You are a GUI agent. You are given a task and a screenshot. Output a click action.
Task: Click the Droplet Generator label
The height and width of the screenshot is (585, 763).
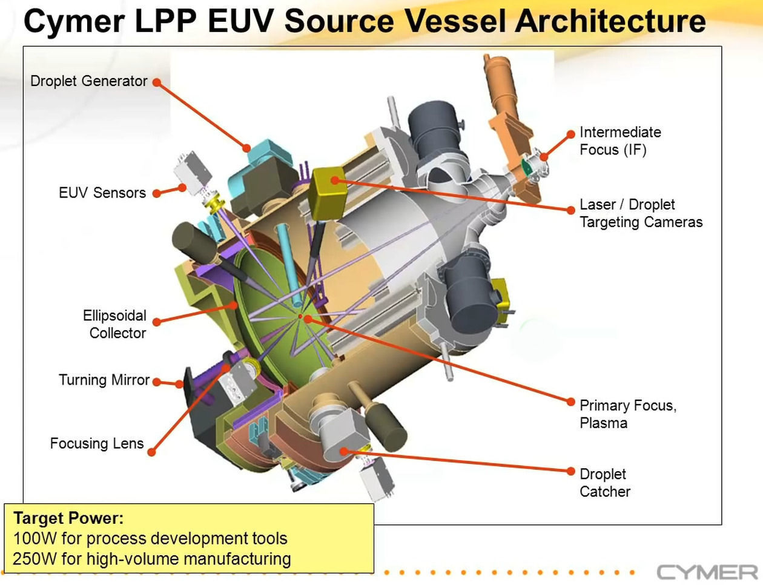tap(89, 81)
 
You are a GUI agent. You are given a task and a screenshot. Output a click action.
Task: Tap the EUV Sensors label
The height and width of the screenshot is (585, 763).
tap(102, 193)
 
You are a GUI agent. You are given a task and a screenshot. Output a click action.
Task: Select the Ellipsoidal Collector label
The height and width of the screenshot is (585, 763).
tap(115, 324)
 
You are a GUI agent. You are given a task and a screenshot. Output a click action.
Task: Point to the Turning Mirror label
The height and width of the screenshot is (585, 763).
tap(104, 380)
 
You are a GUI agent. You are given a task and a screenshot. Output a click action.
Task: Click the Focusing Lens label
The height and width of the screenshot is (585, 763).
tap(97, 443)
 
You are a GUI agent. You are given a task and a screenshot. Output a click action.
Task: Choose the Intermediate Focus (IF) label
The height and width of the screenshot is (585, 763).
tap(619, 140)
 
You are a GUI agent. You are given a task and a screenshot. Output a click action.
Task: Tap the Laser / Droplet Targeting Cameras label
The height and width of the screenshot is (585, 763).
tap(641, 213)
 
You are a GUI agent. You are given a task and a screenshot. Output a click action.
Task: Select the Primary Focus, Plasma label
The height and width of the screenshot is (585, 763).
tap(627, 414)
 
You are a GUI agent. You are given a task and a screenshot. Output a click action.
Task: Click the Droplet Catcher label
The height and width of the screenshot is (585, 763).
tap(604, 483)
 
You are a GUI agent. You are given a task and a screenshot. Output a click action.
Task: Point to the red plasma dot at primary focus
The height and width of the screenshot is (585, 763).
tap(300, 316)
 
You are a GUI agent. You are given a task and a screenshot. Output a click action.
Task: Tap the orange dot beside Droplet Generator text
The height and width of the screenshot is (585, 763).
tap(156, 82)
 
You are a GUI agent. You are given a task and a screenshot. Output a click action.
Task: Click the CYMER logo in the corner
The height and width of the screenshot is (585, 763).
tap(707, 572)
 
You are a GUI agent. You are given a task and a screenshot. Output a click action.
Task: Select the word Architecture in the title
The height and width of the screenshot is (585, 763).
tap(610, 21)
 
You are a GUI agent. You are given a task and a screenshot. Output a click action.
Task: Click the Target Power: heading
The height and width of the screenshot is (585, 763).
tap(68, 518)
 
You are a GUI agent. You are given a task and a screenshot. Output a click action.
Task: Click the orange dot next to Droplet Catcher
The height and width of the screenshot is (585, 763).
tap(570, 471)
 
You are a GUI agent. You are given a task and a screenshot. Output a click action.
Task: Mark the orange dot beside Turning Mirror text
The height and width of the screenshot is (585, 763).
tap(156, 382)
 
